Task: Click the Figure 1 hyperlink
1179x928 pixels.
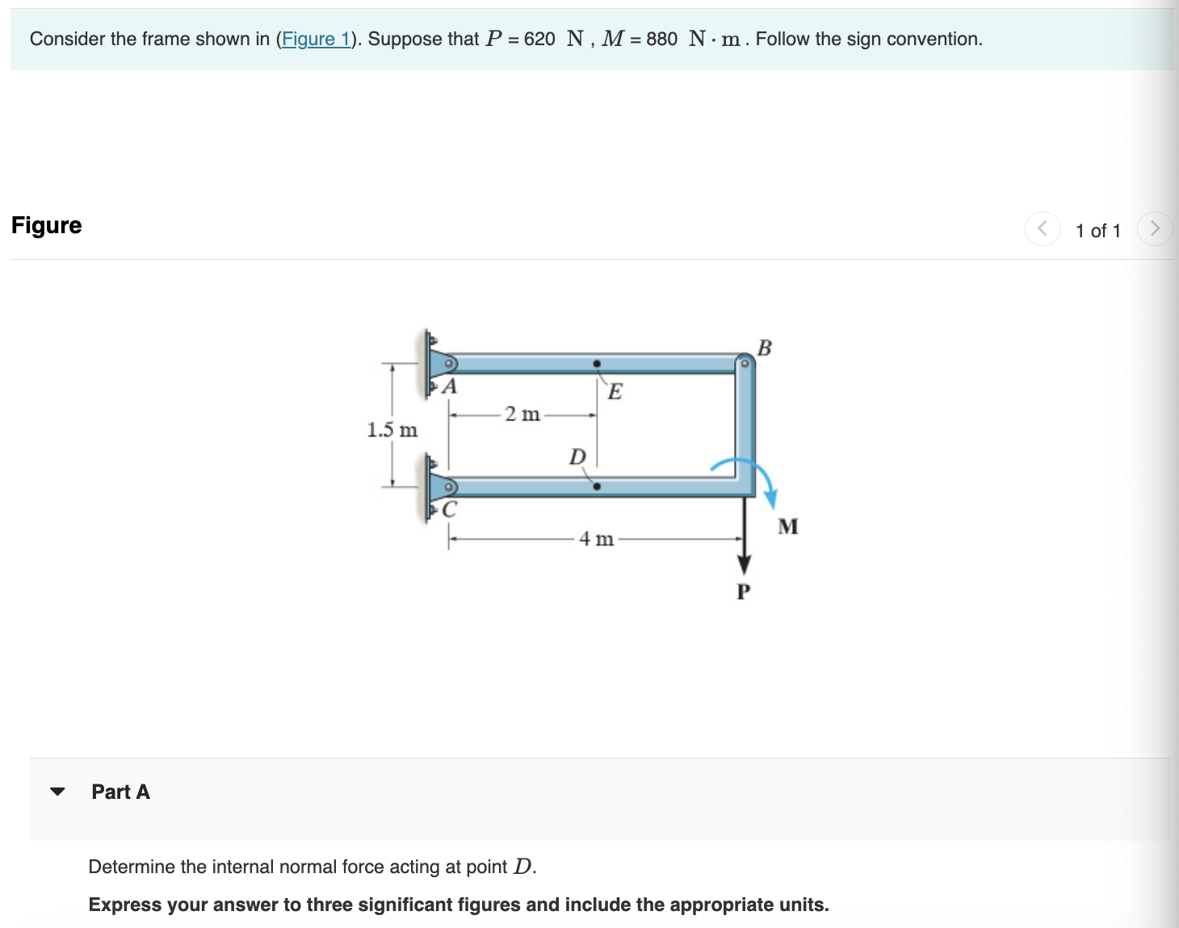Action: pyautogui.click(x=315, y=39)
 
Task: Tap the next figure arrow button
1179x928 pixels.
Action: pyautogui.click(x=1154, y=229)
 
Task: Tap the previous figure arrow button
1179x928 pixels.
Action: pyautogui.click(x=1043, y=229)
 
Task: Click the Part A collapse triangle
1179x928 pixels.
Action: pyautogui.click(x=57, y=792)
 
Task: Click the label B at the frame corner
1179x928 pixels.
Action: pyautogui.click(x=765, y=348)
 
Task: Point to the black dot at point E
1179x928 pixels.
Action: pyautogui.click(x=597, y=364)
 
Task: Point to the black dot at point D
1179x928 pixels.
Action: pyautogui.click(x=597, y=487)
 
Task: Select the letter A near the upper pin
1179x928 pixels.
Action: pyautogui.click(x=451, y=387)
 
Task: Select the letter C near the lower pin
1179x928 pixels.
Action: pyautogui.click(x=450, y=510)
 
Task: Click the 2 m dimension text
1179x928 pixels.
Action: pyautogui.click(x=522, y=415)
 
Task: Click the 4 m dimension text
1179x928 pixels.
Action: pyautogui.click(x=596, y=539)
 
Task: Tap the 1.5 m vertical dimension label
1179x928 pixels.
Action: pyautogui.click(x=392, y=430)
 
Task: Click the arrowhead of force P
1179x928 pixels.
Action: pyautogui.click(x=744, y=564)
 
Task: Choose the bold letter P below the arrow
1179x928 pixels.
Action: pyautogui.click(x=744, y=592)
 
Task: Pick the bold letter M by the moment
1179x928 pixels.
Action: pyautogui.click(x=788, y=527)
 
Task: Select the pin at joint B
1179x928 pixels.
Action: pyautogui.click(x=745, y=364)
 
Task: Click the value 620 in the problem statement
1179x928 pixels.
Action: pyautogui.click(x=539, y=39)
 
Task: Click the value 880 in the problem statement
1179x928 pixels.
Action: pyautogui.click(x=661, y=39)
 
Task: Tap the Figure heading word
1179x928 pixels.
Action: pyautogui.click(x=47, y=225)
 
